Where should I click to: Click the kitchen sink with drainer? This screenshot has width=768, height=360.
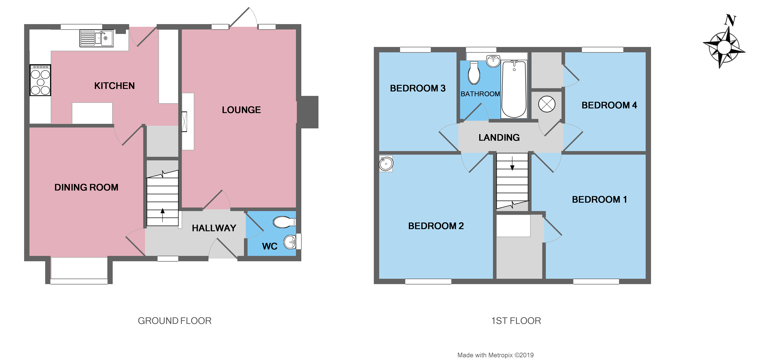[x=96, y=38]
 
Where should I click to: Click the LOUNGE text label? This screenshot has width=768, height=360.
[x=241, y=110]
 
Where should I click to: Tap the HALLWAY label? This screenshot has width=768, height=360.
[x=214, y=228]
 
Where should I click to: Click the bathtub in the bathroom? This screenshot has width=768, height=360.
[x=514, y=89]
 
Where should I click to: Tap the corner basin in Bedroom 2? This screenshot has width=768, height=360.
[x=386, y=164]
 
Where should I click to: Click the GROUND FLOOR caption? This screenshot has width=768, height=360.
[x=174, y=321]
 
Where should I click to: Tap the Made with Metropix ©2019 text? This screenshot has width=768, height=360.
[x=495, y=355]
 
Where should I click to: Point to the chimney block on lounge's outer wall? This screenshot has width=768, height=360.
[x=310, y=112]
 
